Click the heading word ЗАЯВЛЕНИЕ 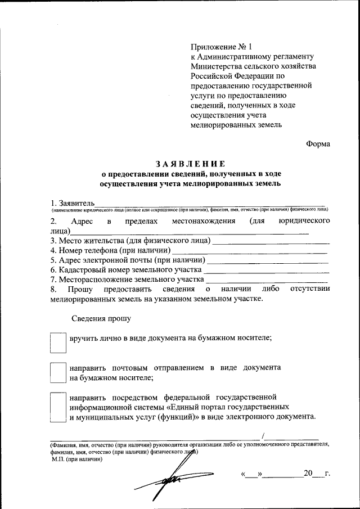point(190,164)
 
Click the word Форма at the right point(318,144)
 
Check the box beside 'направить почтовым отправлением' point(58,372)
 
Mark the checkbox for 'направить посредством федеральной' point(58,407)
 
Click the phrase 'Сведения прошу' point(101,318)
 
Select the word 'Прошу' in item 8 point(75,289)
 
